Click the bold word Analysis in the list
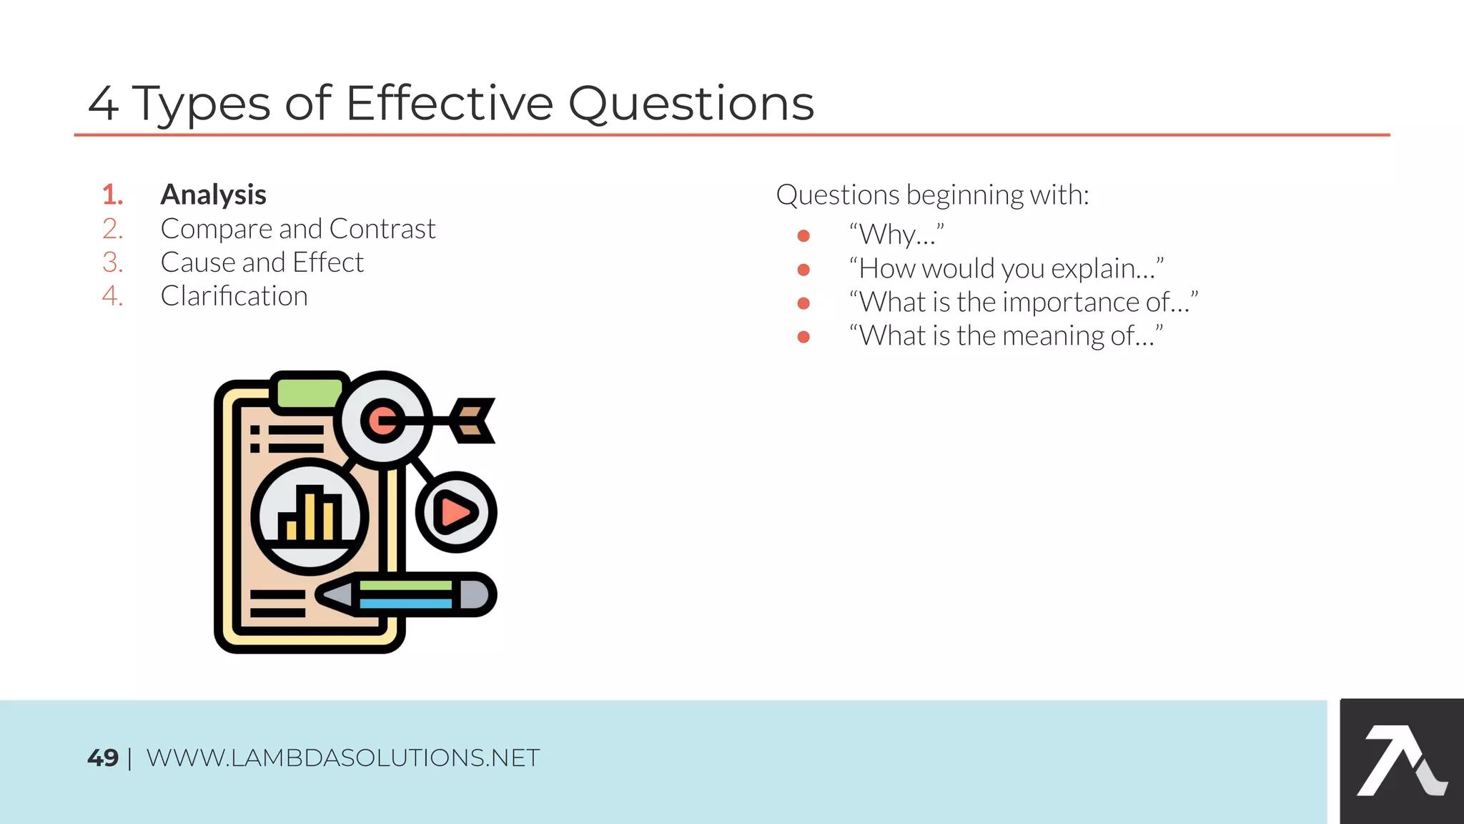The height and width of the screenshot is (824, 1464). click(x=213, y=195)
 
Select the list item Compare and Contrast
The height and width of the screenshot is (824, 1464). click(x=297, y=229)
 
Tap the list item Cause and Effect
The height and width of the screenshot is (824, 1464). click(x=262, y=263)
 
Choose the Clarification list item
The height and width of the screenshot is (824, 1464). click(x=234, y=296)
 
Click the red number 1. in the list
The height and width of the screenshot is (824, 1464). click(x=112, y=195)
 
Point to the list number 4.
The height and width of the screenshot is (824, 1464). click(x=112, y=296)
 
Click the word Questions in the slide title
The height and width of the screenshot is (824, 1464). click(x=691, y=103)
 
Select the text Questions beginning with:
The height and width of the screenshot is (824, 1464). click(x=932, y=195)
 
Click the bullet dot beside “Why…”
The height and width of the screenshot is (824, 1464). click(x=803, y=235)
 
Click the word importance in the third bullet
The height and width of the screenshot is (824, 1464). click(x=1071, y=303)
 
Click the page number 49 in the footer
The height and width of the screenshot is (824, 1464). click(x=103, y=757)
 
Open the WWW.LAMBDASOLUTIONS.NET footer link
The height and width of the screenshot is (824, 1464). click(x=343, y=757)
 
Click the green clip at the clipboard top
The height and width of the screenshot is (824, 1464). click(x=310, y=392)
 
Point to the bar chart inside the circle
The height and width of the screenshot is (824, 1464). click(x=310, y=515)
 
